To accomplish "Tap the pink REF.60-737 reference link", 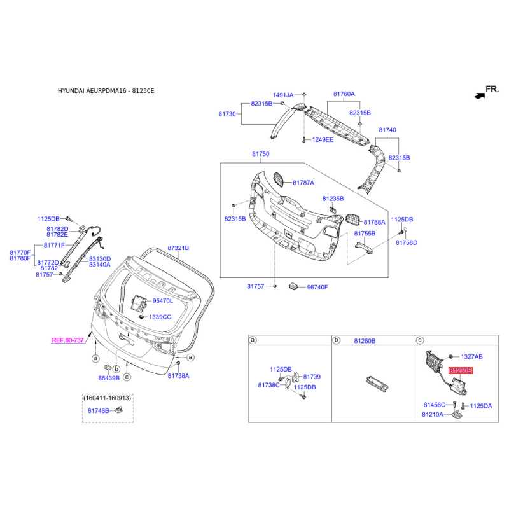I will (x=67, y=341).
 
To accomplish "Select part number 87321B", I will (x=179, y=248).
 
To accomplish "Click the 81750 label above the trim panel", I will (x=260, y=155).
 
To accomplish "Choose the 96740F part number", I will (x=317, y=287).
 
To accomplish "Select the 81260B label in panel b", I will (x=364, y=341).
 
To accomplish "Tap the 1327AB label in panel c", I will (x=471, y=356).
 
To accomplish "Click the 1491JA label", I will (x=283, y=95).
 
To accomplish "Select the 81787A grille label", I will (x=303, y=183).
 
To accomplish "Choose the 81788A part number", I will (x=374, y=222).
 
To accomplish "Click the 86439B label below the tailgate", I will (x=109, y=378).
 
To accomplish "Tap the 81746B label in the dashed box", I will (x=99, y=410).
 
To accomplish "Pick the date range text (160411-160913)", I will (x=107, y=398).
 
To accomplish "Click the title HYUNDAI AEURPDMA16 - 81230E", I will (x=106, y=91).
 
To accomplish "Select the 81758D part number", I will (x=406, y=242).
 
